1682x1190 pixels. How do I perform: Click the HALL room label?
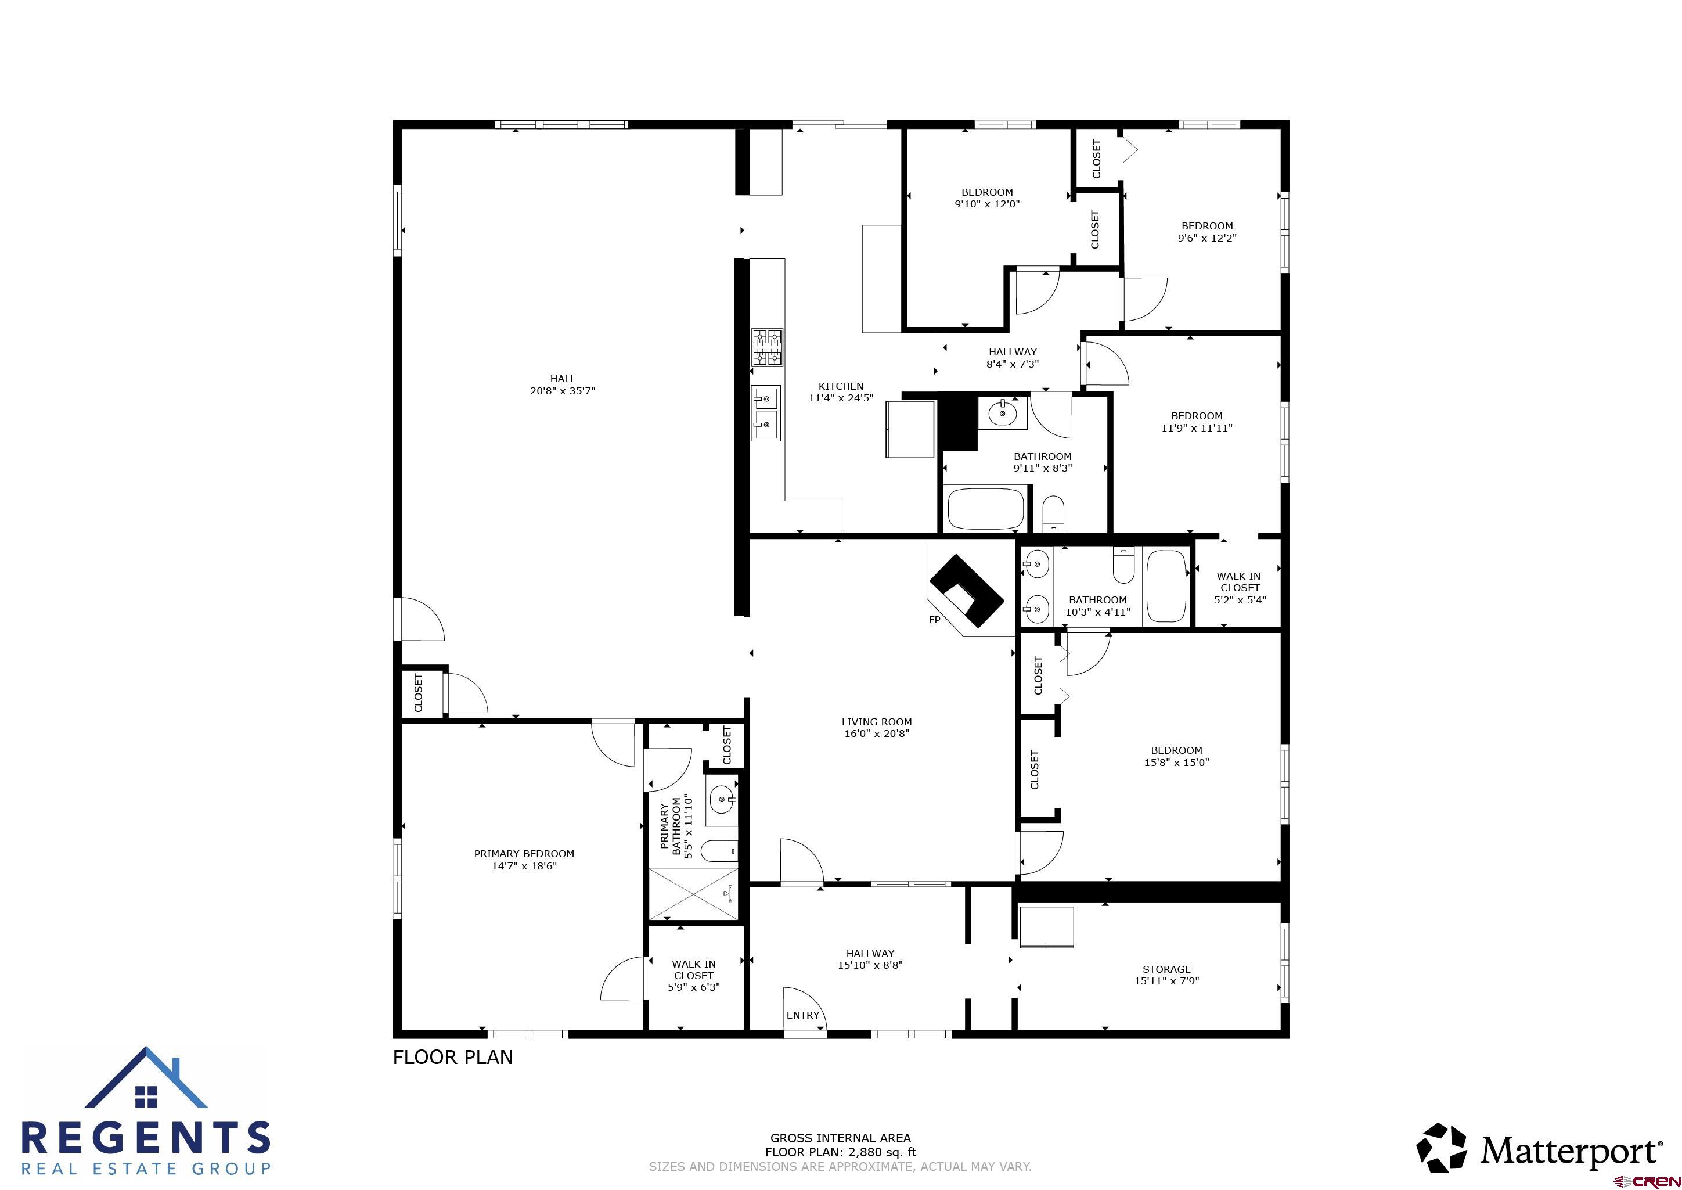coord(562,379)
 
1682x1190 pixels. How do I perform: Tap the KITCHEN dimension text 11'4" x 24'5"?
coord(840,398)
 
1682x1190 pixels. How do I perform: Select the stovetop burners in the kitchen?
coord(768,348)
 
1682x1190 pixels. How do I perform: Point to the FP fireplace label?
coord(934,620)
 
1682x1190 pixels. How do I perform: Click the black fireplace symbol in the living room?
coord(966,591)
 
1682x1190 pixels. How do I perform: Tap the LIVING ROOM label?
coord(876,722)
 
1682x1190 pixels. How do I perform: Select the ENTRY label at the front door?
coord(802,1015)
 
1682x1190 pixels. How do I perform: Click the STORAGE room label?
coord(1166,969)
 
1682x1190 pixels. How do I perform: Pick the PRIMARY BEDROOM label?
coord(524,854)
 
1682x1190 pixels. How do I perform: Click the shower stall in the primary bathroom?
coord(693,893)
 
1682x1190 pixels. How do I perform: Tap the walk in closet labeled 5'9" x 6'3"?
coord(693,975)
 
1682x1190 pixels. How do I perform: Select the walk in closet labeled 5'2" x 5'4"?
coord(1240,587)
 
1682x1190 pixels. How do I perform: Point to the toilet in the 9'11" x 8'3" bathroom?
coord(1053,512)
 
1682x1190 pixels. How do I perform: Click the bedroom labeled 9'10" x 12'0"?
coord(987,198)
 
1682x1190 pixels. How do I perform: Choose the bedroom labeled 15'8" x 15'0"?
coord(1176,756)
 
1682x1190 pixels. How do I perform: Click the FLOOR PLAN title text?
coord(453,1056)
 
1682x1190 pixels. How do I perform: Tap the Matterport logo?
coord(1539,1151)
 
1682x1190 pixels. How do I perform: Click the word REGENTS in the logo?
coord(146,1138)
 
